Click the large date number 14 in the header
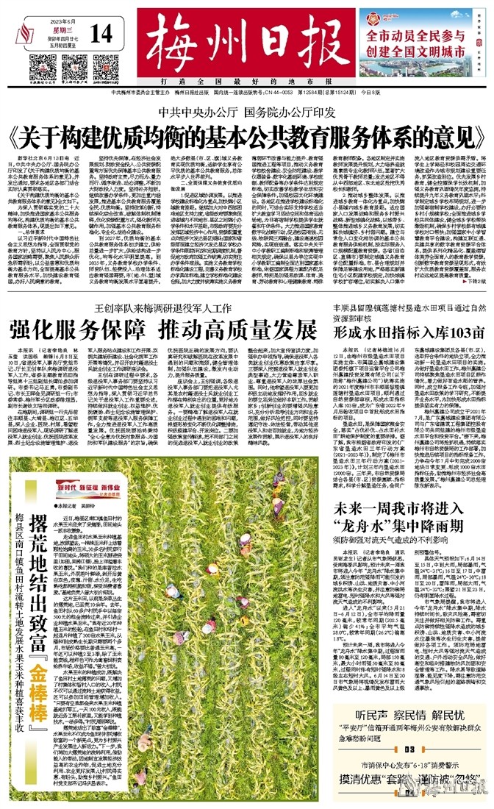click(102, 33)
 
